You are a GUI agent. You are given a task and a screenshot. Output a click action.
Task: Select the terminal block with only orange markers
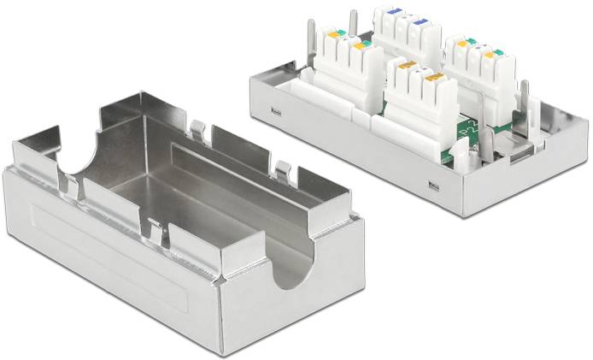413,91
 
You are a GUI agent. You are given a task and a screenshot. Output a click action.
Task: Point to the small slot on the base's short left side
274,112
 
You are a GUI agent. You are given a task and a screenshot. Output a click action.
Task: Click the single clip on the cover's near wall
154,229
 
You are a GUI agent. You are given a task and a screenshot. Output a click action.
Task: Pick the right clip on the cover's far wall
281,168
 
